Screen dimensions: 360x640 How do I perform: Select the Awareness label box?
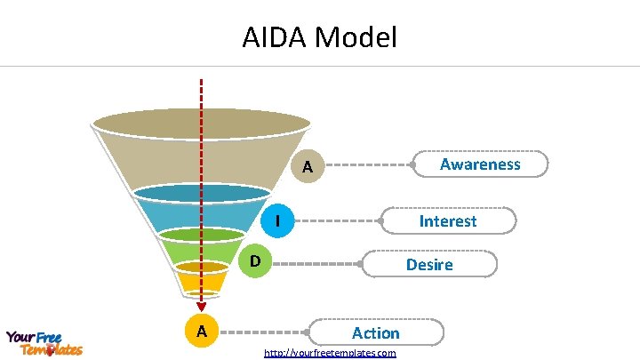click(x=480, y=164)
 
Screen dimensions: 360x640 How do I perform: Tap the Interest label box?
click(x=448, y=220)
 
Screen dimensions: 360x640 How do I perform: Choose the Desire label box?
click(x=429, y=264)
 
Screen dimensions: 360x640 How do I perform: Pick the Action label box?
click(x=375, y=332)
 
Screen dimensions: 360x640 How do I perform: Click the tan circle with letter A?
click(x=307, y=166)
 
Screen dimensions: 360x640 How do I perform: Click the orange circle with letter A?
click(x=203, y=332)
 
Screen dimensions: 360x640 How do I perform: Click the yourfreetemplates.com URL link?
click(x=330, y=353)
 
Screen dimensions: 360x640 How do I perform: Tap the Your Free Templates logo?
click(x=44, y=343)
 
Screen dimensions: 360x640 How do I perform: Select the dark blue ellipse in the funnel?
click(x=202, y=193)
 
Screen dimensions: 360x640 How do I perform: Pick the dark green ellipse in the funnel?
click(x=202, y=235)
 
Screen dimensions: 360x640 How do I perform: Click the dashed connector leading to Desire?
click(x=316, y=264)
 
